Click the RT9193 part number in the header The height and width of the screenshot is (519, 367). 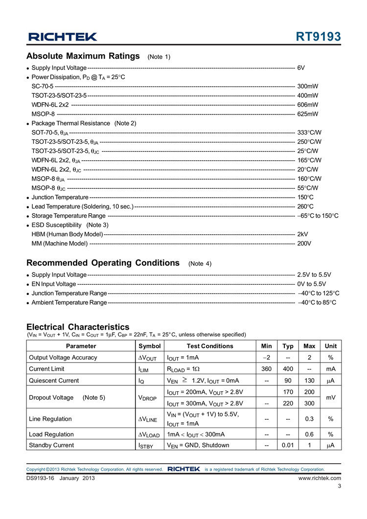318,37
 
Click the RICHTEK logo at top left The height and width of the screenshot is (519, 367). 63,37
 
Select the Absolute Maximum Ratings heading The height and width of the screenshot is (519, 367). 83,56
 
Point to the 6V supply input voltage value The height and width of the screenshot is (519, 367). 301,68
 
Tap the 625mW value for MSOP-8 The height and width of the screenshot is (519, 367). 308,114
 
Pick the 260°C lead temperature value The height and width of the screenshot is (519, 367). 305,206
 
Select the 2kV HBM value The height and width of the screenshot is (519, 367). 302,234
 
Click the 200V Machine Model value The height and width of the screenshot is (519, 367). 304,243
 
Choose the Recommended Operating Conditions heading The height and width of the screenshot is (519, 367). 103,263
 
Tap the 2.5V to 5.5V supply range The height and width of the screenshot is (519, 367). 314,275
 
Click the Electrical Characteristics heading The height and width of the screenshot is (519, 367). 78,327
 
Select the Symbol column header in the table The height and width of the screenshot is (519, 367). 149,346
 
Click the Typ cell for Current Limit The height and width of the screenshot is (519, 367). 288,369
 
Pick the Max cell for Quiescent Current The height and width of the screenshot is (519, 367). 309,380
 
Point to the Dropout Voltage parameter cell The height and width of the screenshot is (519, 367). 67,397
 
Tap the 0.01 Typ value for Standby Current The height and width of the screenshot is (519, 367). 288,445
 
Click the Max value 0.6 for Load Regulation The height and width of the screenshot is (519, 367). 309,434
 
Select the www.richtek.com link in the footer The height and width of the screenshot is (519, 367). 320,478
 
